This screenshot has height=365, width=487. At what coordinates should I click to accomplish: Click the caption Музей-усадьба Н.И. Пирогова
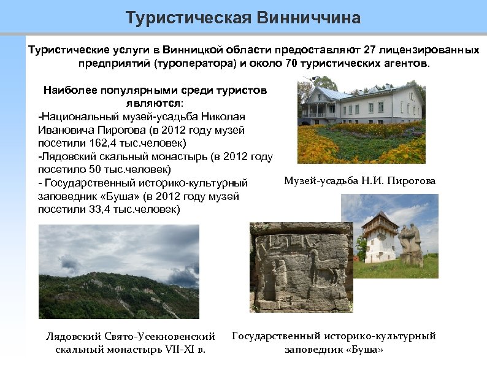[359, 180]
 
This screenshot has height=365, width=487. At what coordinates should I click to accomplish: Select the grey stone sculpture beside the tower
[410, 243]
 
